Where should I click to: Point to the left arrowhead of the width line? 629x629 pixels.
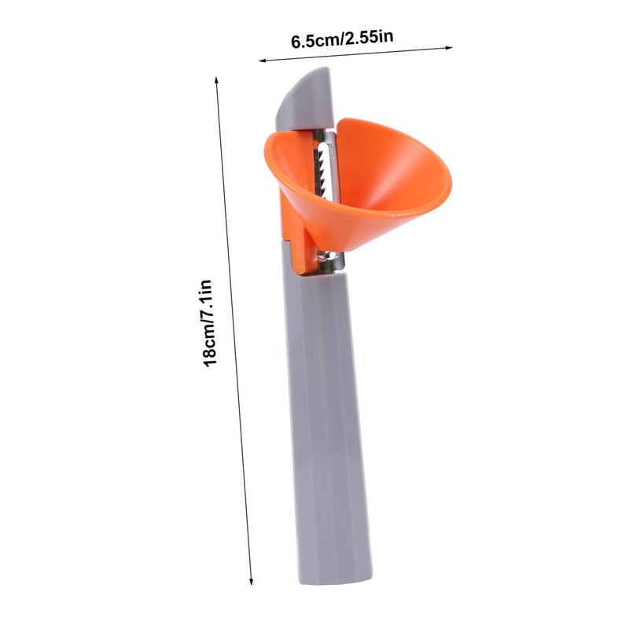[x=262, y=61]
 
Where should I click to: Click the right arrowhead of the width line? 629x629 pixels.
[x=449, y=48]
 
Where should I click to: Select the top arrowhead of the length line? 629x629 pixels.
[x=216, y=79]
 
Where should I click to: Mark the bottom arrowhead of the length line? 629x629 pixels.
[x=251, y=582]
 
